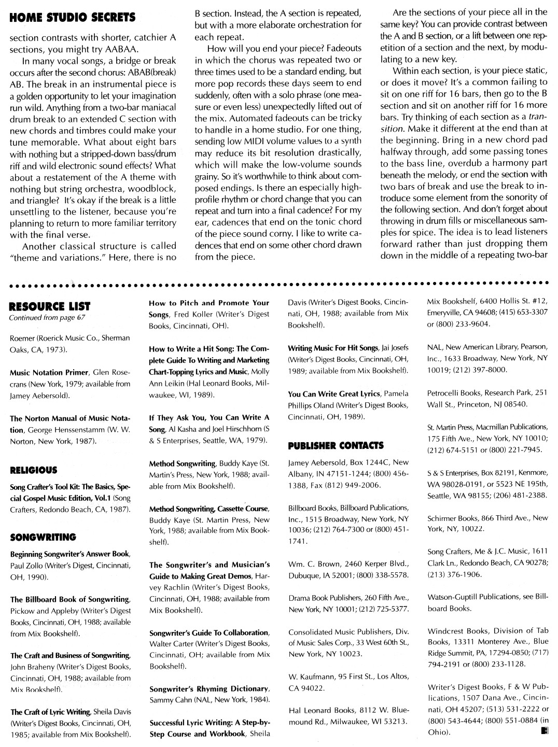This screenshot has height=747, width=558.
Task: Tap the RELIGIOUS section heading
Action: pos(34,470)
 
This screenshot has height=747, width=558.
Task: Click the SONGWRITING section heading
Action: pos(43,537)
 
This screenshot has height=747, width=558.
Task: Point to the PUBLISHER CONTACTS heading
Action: pos(336,445)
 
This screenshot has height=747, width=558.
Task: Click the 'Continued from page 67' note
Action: pos(47,318)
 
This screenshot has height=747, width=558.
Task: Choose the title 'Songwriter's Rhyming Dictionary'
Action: pos(209,689)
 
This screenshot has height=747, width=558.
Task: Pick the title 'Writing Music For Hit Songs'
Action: pos(332,348)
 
